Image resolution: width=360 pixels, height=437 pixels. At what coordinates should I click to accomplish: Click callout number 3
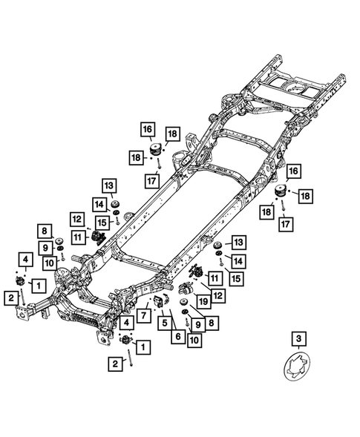(298, 340)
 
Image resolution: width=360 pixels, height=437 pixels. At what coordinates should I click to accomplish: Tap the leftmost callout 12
(77, 219)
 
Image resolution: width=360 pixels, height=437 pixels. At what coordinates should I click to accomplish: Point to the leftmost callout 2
(13, 298)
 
